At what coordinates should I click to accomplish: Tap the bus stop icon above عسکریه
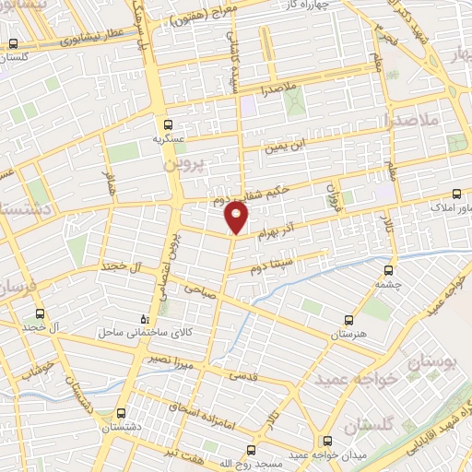[168, 124]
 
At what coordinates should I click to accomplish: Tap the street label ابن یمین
[284, 146]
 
